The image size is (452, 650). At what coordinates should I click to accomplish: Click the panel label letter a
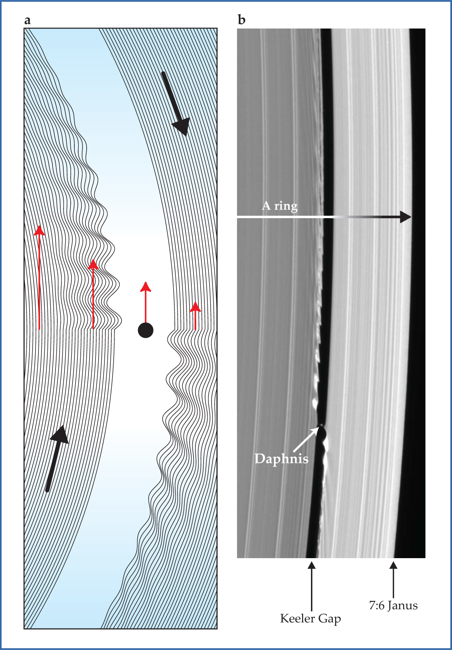pos(27,20)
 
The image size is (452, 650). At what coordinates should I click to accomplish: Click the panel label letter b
pos(241,20)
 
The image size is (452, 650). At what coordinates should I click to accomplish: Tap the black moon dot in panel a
pos(145,330)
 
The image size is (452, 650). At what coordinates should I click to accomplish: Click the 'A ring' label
pos(279,206)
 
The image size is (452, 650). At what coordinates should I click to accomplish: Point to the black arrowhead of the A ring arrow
pos(406,217)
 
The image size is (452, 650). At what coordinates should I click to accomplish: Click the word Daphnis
pos(281,459)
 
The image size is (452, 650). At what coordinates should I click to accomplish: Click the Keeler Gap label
pos(310,619)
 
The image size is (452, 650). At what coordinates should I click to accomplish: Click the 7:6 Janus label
pos(393,606)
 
